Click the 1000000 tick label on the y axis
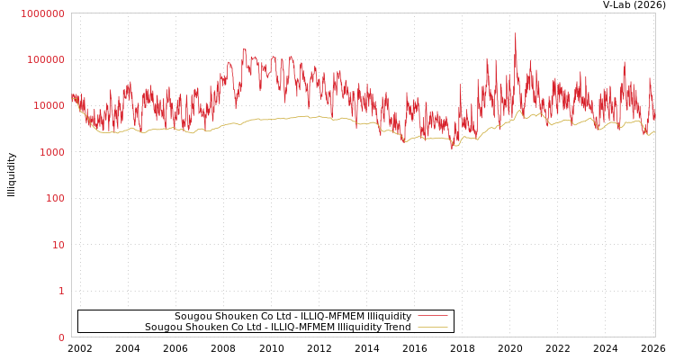[x=42, y=13]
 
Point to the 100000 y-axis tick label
[x=45, y=59]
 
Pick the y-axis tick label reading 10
[x=58, y=245]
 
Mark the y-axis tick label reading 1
[x=61, y=291]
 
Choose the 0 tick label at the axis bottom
[x=61, y=337]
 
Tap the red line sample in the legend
[x=433, y=316]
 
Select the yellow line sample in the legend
[x=433, y=327]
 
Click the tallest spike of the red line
[x=516, y=34]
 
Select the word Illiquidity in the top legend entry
[x=389, y=316]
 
